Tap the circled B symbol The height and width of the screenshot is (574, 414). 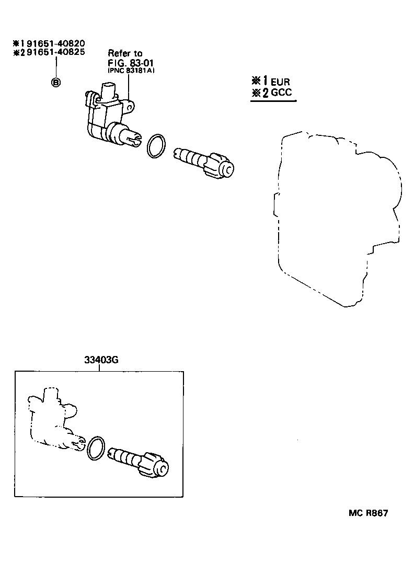point(55,82)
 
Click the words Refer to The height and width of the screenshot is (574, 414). point(124,53)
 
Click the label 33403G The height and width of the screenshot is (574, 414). point(98,360)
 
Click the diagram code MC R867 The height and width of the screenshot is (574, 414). point(368,513)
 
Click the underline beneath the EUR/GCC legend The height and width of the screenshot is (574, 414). point(273,102)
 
